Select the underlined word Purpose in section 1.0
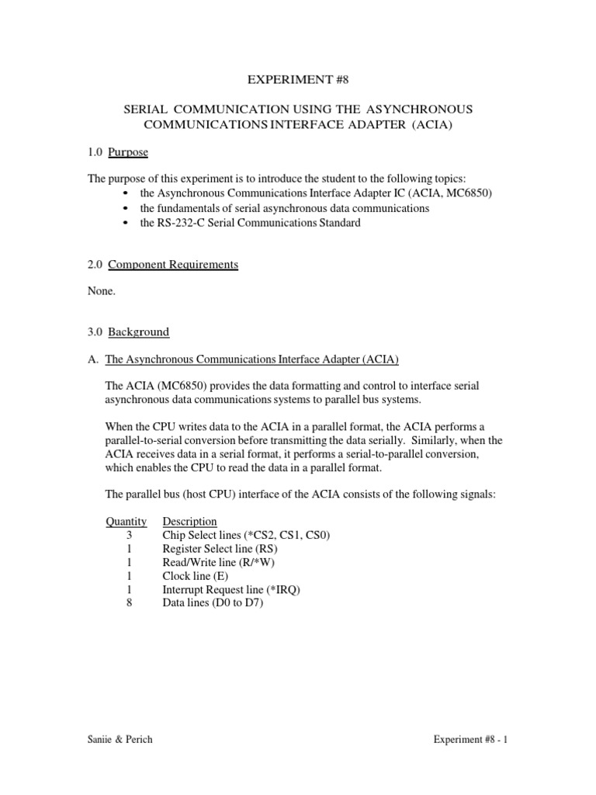[x=128, y=151]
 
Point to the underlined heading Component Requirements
[x=173, y=265]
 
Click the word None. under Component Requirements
[x=102, y=291]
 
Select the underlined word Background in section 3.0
[x=138, y=332]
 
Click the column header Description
[x=189, y=522]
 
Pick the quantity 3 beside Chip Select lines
[x=129, y=536]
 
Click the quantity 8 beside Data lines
[x=129, y=603]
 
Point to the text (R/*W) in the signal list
[x=266, y=563]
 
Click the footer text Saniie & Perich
[x=120, y=740]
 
